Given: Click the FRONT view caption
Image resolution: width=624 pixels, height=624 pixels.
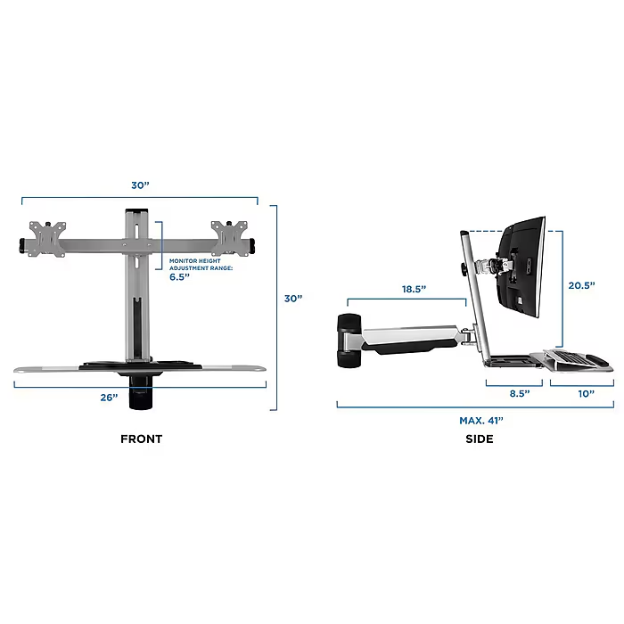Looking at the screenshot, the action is tap(141, 439).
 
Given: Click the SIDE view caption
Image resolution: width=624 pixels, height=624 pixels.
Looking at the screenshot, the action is tap(480, 439).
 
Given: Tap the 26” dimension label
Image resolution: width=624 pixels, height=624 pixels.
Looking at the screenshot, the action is tap(109, 398).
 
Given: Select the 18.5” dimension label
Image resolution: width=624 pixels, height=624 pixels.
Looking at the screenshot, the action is tap(414, 289).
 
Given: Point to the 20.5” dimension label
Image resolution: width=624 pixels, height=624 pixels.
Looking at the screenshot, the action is tap(581, 285).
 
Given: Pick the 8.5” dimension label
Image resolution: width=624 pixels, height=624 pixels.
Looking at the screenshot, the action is tap(520, 394).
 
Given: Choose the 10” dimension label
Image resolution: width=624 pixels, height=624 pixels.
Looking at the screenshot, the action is tap(587, 394).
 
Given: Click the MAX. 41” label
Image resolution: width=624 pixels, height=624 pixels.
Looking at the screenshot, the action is tap(481, 420).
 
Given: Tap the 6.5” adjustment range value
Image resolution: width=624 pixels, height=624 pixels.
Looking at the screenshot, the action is tap(179, 277).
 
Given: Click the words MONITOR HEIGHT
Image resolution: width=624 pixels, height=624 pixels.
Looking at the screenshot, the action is tap(195, 260).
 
